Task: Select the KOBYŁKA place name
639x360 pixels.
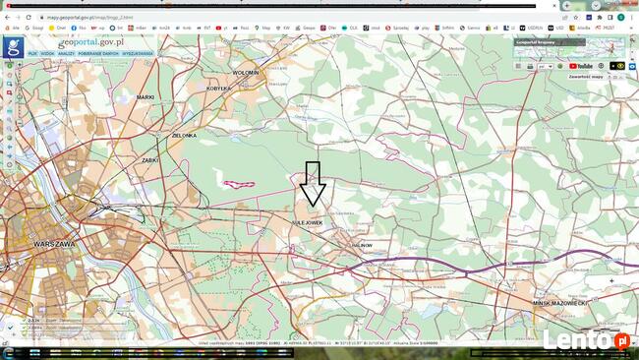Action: (216, 88)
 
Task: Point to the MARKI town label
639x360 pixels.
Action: (145, 97)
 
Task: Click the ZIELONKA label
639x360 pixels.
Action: (184, 135)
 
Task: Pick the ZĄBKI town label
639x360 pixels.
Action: (149, 159)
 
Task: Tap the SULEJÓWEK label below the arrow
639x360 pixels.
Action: (307, 223)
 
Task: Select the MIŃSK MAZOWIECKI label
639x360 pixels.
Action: (559, 303)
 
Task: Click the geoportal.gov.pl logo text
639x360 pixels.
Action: (90, 42)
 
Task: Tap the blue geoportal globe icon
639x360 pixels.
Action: (13, 45)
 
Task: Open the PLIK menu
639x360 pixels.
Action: (32, 53)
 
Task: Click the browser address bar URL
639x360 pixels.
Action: (84, 17)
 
